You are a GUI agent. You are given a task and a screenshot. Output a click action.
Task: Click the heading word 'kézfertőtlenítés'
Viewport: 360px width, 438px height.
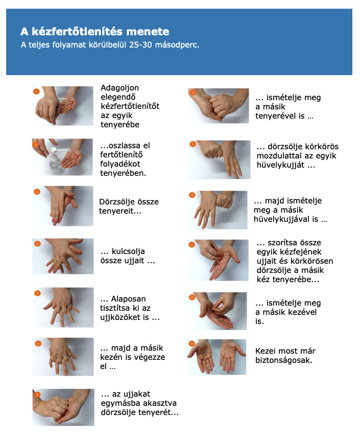(x=77, y=32)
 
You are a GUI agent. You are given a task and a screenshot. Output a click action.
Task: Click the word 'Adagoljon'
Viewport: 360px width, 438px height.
(x=119, y=88)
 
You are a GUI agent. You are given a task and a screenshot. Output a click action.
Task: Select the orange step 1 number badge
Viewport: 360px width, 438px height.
(x=36, y=91)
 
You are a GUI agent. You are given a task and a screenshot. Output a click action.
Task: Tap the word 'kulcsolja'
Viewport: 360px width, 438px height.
(x=128, y=251)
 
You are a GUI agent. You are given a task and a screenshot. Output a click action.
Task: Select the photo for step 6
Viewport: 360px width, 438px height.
(x=63, y=357)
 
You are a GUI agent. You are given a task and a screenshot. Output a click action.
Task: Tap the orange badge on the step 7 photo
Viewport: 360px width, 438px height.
(x=37, y=395)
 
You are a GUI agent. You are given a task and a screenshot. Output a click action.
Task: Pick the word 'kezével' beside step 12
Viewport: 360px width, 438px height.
(x=303, y=312)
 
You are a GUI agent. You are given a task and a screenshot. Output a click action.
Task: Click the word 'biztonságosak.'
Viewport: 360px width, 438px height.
(x=284, y=360)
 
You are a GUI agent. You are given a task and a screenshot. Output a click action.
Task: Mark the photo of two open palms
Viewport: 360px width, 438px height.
(x=217, y=357)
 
